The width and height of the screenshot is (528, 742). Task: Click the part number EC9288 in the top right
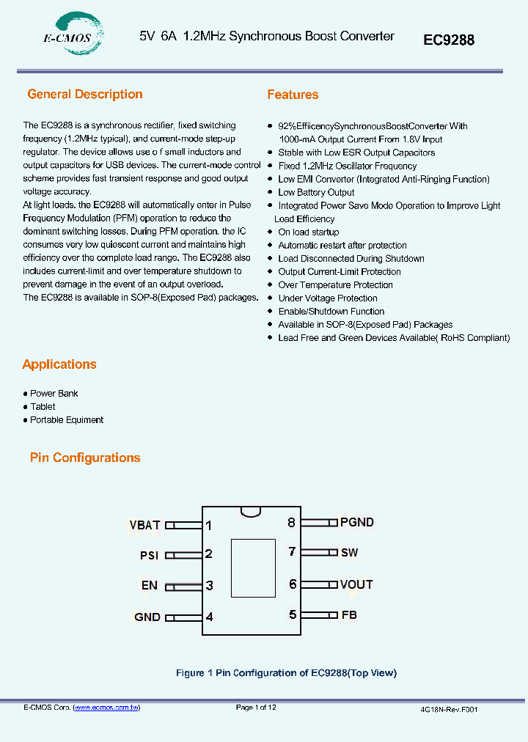click(449, 40)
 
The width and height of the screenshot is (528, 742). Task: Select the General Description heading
click(85, 94)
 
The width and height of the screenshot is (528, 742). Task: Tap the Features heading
click(293, 95)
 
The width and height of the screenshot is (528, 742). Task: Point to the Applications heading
click(59, 364)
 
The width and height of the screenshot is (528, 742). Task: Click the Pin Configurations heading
click(85, 458)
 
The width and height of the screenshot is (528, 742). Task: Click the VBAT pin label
click(144, 525)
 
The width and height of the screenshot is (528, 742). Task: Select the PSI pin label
click(149, 556)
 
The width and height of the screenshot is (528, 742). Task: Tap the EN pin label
click(150, 586)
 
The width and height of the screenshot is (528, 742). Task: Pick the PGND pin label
click(356, 522)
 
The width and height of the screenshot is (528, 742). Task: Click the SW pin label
click(349, 552)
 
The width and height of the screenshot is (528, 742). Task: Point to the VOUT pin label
click(356, 584)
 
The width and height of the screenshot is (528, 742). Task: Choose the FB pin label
click(349, 614)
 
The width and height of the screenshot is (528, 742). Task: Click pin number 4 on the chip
click(209, 617)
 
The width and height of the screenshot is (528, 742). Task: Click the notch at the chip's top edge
click(251, 510)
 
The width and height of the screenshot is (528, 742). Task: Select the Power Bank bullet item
click(54, 394)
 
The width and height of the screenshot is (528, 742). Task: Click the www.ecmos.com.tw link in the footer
click(107, 708)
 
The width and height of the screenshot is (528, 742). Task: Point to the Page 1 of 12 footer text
click(256, 708)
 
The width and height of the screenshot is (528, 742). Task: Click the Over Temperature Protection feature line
click(335, 285)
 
